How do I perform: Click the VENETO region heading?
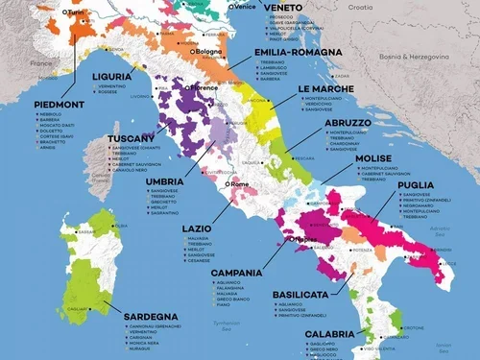point(283,8)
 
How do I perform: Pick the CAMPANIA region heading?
point(236,273)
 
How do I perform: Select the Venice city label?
point(245,7)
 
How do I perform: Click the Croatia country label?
point(360,7)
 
